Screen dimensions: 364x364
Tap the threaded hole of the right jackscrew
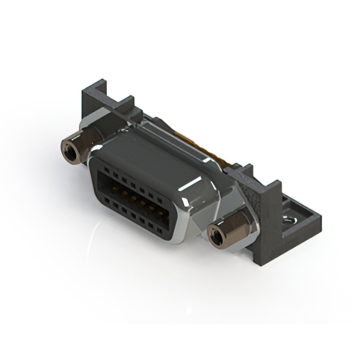pos(216,235)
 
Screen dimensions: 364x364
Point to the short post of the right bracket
pos(246,171)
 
